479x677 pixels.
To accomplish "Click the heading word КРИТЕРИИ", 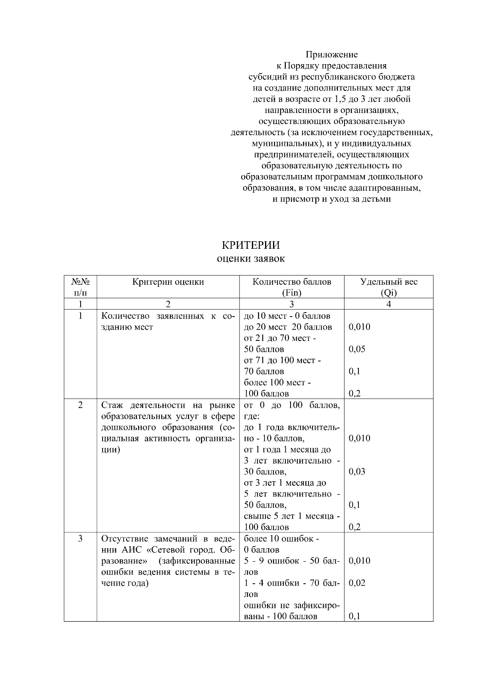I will pos(251,245).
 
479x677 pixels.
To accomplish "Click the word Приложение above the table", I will pos(332,54).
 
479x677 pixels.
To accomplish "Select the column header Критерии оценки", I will pos(168,282).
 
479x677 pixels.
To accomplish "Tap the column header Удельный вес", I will pos(389,282).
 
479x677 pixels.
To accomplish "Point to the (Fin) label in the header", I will pos(291,293).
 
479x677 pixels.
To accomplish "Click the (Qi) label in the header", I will pos(389,293).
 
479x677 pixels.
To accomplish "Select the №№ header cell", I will pos(80,282).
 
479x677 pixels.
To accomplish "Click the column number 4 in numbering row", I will pos(389,304).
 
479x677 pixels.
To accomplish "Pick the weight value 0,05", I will pos(357,349).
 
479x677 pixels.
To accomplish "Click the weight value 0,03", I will pos(357,472).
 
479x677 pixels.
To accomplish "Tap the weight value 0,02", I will pos(357,583).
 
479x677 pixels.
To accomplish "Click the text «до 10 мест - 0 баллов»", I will pos(287,316).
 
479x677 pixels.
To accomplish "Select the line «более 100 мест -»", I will pos(277,383).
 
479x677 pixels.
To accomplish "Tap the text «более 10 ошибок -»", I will pos(281,539).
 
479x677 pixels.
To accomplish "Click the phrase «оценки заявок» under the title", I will pos(251,259).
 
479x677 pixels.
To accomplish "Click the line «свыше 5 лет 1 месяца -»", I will pos(292,516).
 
